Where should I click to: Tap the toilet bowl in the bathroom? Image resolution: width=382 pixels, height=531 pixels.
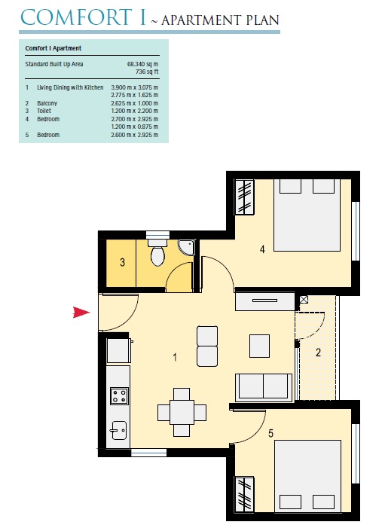coord(157,256)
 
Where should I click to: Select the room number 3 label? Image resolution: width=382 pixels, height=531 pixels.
coord(121,263)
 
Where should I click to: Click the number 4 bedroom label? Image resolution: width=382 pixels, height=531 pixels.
coord(261,249)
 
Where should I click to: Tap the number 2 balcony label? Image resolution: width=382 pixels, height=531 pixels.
coord(318,352)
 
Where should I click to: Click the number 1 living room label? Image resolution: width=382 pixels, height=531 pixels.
coord(175,357)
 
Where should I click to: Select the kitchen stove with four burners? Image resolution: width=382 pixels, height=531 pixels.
coord(118,395)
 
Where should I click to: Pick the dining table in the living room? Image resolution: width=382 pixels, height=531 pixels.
coord(182,412)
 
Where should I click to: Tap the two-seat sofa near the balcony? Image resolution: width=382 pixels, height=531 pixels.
coord(264,387)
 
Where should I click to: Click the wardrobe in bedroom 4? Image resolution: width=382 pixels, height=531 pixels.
coord(246,198)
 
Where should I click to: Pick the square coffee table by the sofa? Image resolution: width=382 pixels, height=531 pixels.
coord(259,345)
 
